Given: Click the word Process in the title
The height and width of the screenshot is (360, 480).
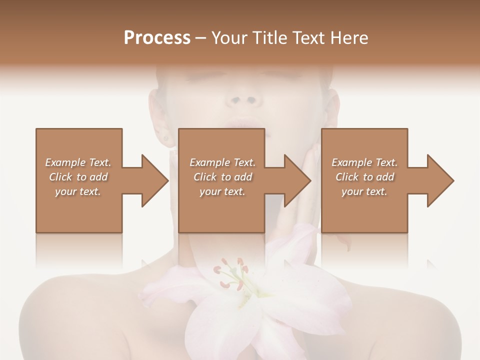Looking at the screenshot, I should (x=157, y=38).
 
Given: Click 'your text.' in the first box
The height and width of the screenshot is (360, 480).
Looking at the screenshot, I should (x=78, y=191).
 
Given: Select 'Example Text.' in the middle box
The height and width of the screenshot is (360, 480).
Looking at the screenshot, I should (x=222, y=162).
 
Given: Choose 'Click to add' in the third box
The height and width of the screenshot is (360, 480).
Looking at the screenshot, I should (x=365, y=177).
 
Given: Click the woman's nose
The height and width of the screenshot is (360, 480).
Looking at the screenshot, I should (x=244, y=97).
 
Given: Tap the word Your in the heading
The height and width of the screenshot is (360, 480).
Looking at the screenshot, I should (x=228, y=38).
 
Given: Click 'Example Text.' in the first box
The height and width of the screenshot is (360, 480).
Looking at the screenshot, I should (x=78, y=162).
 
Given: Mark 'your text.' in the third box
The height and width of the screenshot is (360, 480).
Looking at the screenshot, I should (x=364, y=191).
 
